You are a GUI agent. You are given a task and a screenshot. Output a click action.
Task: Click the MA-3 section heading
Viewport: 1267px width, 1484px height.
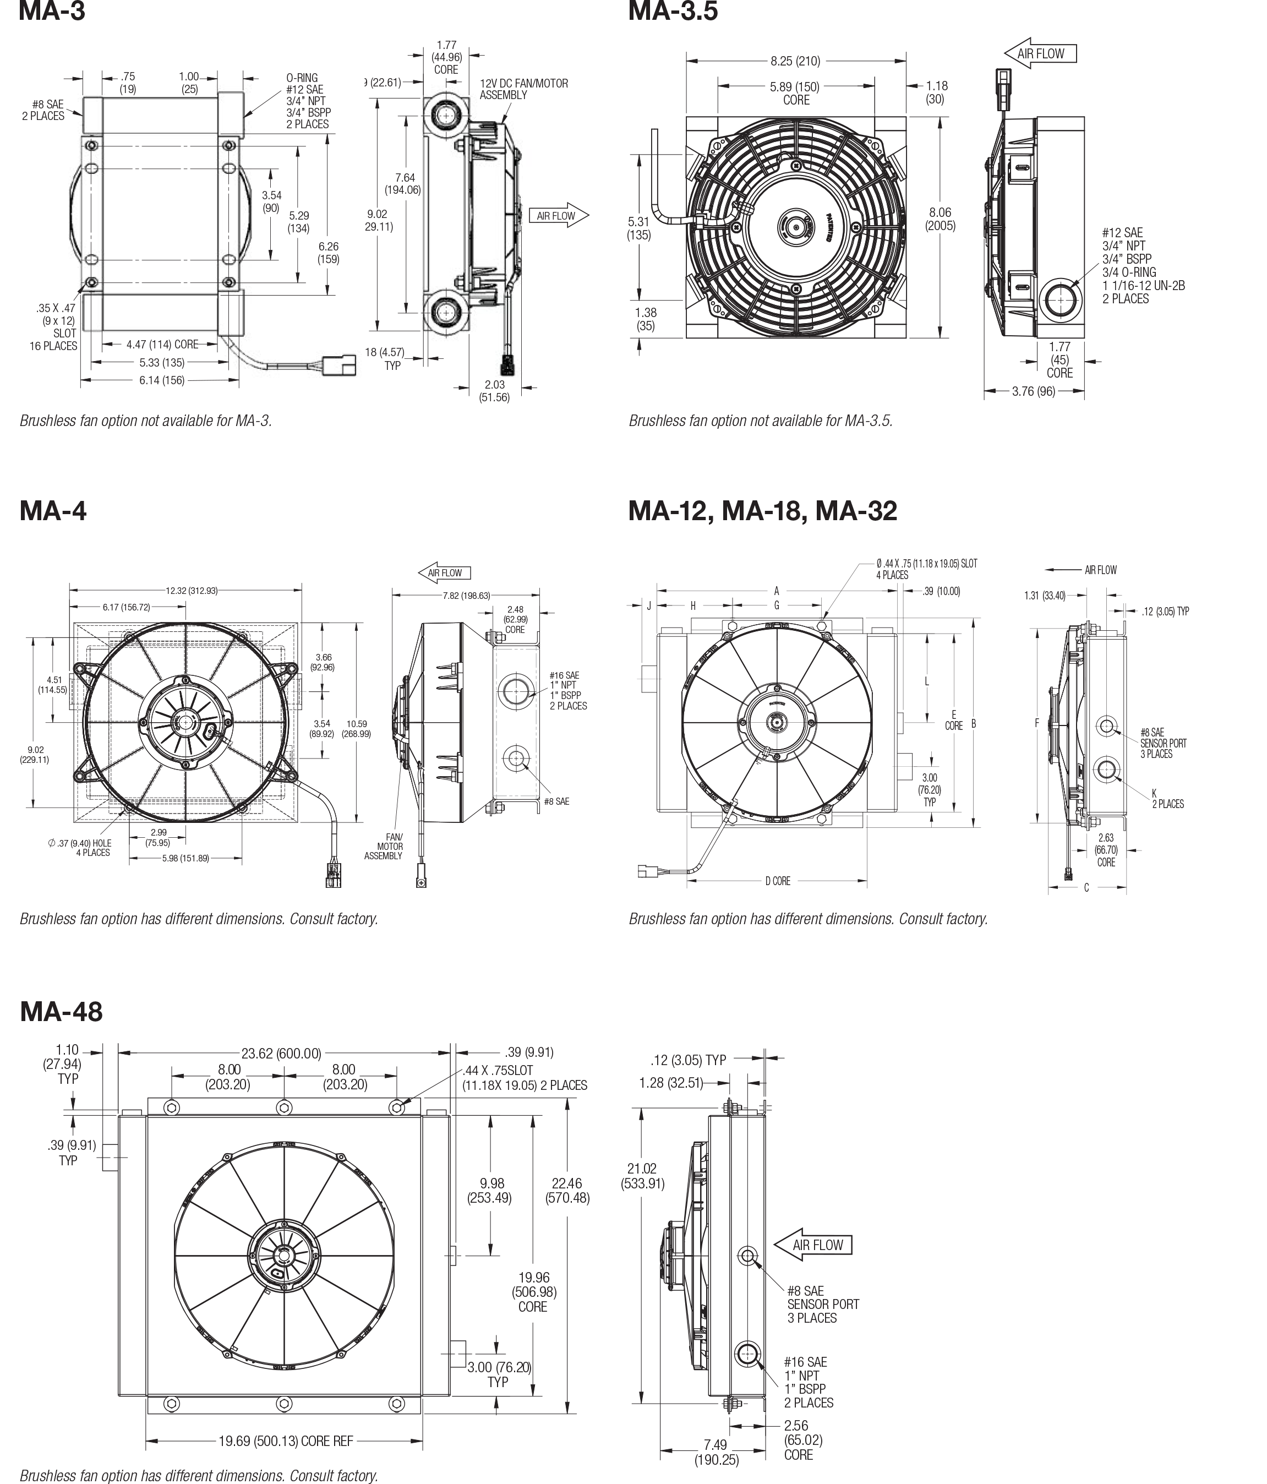[x=52, y=11]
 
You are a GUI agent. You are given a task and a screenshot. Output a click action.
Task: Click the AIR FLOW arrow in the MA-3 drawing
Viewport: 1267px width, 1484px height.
[x=559, y=216]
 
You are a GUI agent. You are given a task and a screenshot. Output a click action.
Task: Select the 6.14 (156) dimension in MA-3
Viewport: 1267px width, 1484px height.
[x=162, y=380]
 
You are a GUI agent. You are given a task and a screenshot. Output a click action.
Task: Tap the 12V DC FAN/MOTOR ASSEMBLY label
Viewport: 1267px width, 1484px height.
[x=523, y=89]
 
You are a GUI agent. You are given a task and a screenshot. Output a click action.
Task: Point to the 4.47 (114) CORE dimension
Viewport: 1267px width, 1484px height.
[x=162, y=345]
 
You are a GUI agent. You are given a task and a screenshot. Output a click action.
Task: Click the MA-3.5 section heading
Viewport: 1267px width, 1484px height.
[x=672, y=11]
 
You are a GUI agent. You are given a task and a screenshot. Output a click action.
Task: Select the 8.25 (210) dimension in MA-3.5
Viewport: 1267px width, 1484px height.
[x=795, y=62]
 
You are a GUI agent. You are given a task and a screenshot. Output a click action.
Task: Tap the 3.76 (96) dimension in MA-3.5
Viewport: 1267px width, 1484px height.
[x=1034, y=392]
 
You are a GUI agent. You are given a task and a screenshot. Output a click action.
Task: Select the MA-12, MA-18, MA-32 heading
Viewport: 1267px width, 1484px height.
[x=762, y=511]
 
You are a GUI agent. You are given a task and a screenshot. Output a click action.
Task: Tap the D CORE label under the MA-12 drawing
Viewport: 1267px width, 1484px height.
[x=777, y=881]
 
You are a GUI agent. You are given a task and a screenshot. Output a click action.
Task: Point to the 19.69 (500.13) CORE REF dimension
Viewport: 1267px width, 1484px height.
[x=286, y=1441]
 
